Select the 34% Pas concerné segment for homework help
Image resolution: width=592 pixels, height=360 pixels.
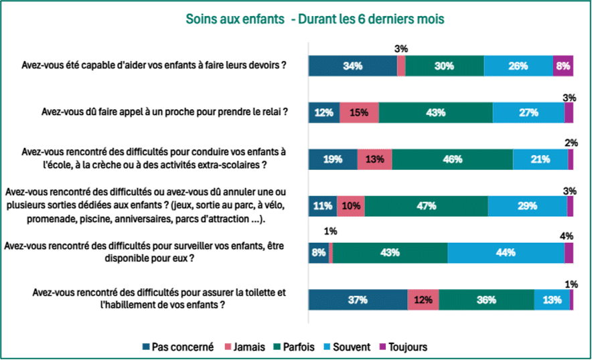[x=352, y=66]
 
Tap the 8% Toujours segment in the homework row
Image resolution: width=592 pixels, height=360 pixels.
[x=563, y=66]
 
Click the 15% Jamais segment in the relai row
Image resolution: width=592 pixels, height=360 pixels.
[x=359, y=113]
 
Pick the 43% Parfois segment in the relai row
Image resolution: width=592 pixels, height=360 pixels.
[x=435, y=113]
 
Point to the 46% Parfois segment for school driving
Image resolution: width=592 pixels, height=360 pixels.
[x=452, y=159]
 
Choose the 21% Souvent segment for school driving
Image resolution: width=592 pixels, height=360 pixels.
[x=540, y=159]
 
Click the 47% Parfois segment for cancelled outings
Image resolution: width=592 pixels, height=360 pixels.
[x=426, y=206]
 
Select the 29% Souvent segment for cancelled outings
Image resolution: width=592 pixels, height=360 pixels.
[x=527, y=206]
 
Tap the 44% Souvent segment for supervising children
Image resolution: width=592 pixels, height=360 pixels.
[x=506, y=253]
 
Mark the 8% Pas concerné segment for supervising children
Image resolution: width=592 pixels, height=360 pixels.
[x=318, y=253]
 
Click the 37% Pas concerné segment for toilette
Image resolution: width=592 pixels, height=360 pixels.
[x=358, y=300]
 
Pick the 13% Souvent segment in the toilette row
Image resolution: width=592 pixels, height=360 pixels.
[x=552, y=300]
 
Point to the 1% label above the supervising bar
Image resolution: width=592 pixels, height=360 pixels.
[x=330, y=232]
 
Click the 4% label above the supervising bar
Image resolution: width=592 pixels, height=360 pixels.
[x=567, y=236]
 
